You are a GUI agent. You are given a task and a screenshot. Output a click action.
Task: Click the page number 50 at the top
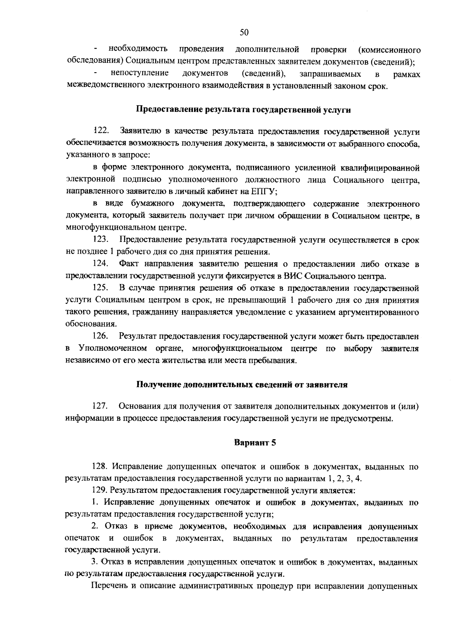click(244, 33)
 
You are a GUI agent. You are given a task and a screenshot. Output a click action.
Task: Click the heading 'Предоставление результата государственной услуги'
click(243, 110)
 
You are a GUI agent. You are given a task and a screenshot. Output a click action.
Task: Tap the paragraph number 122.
click(101, 131)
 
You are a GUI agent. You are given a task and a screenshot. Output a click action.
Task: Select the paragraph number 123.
click(101, 240)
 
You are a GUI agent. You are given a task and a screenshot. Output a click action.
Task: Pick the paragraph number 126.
click(101, 336)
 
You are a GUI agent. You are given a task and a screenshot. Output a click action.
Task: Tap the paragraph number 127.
click(101, 406)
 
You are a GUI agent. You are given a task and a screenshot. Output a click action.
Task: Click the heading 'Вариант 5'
click(255, 442)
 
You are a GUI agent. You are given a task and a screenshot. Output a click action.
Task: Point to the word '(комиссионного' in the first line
click(389, 50)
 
